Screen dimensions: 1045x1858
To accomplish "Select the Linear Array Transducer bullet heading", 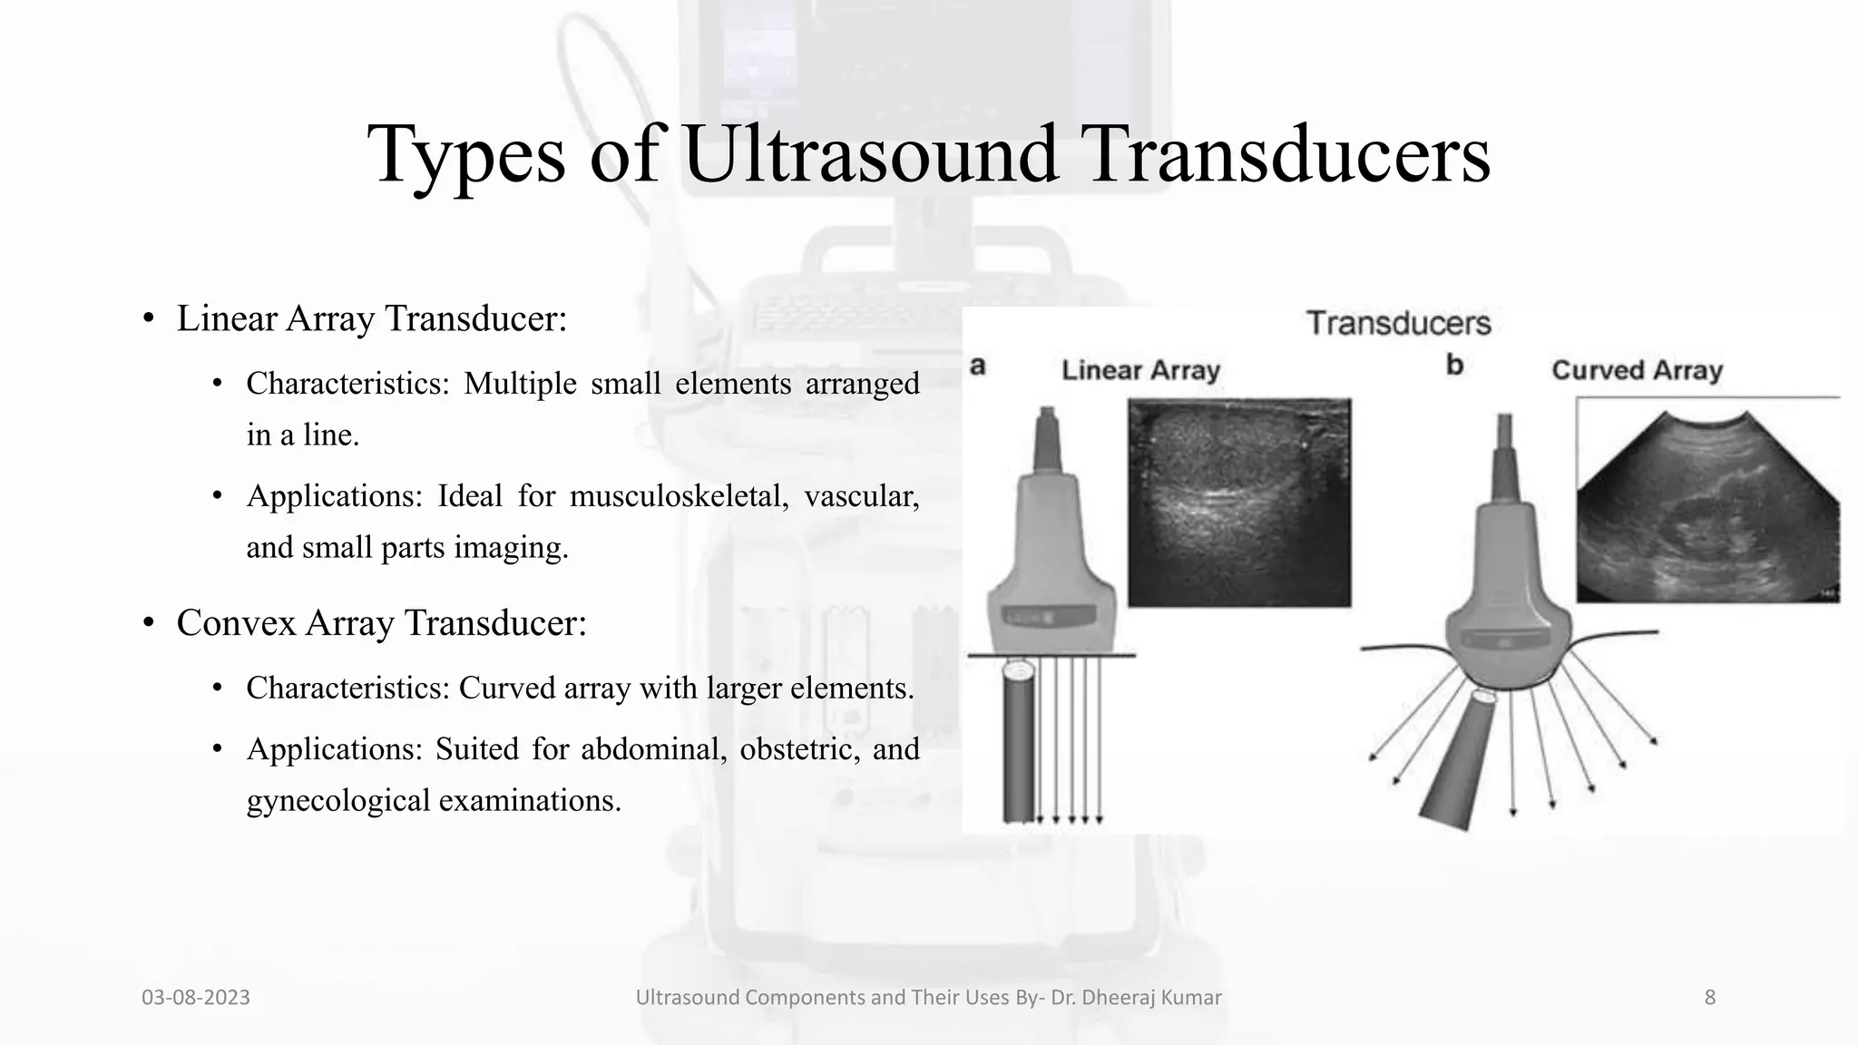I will (371, 318).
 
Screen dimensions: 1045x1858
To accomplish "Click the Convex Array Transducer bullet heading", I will (381, 623).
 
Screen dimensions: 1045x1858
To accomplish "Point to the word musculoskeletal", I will (679, 496).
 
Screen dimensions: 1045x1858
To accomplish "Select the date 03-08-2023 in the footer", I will (196, 998).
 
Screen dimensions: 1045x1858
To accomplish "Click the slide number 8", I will (1710, 998).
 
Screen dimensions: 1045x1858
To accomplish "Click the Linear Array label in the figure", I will (1140, 370).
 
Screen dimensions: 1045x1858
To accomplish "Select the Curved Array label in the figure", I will (1637, 370).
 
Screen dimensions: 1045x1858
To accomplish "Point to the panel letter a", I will (977, 366).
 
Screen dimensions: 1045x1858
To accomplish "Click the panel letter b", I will (1454, 366).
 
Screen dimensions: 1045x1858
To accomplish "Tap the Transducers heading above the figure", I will (1398, 323).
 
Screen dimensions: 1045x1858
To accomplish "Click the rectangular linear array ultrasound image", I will (1239, 503).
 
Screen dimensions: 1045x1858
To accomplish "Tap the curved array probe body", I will (1506, 599).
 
